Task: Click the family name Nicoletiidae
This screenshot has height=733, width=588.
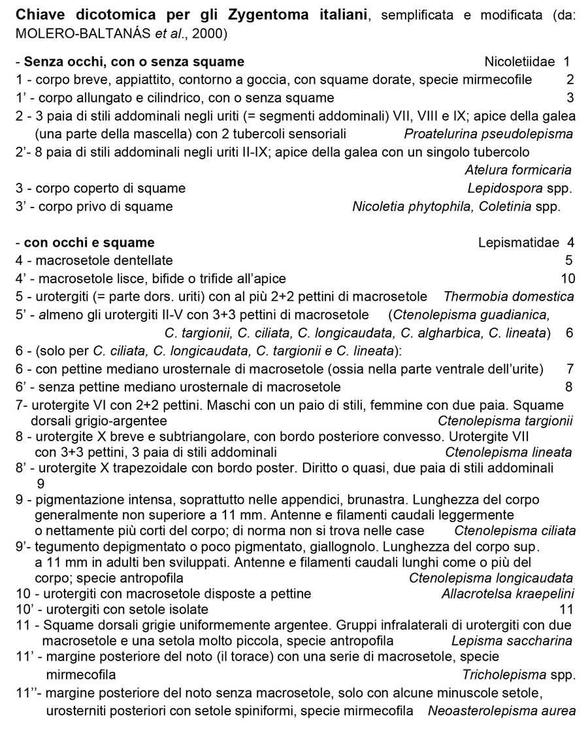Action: click(x=521, y=62)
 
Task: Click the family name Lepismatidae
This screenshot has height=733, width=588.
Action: click(x=517, y=243)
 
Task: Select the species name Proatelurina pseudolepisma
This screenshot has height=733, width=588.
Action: click(x=488, y=134)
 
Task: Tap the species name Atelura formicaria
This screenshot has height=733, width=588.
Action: click(x=518, y=170)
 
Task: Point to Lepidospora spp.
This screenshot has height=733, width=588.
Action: click(x=519, y=189)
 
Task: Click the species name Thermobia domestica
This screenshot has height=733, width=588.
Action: click(x=508, y=297)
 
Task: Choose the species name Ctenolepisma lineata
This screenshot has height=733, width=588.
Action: click(x=508, y=452)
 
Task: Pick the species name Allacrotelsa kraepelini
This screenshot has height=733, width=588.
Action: click(x=508, y=594)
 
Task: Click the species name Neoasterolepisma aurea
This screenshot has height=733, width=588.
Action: click(x=501, y=711)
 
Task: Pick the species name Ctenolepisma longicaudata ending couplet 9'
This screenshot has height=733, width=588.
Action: click(x=491, y=578)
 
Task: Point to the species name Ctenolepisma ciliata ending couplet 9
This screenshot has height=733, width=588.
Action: click(x=515, y=531)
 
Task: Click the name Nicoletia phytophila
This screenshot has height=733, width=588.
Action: click(x=406, y=207)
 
